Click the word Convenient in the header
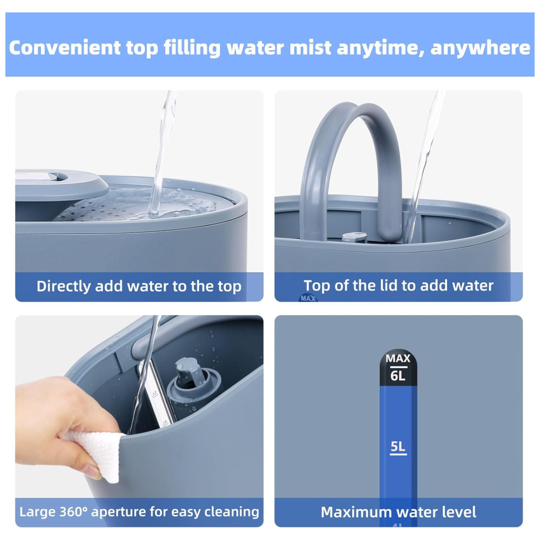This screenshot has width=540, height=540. coord(65,48)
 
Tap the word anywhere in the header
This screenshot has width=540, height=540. coord(480,48)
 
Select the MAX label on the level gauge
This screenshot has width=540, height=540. coord(398,359)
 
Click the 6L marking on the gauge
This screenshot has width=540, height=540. coord(398,375)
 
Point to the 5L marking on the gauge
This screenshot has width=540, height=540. coord(398,447)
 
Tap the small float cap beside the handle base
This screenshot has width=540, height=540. coord(354,237)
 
